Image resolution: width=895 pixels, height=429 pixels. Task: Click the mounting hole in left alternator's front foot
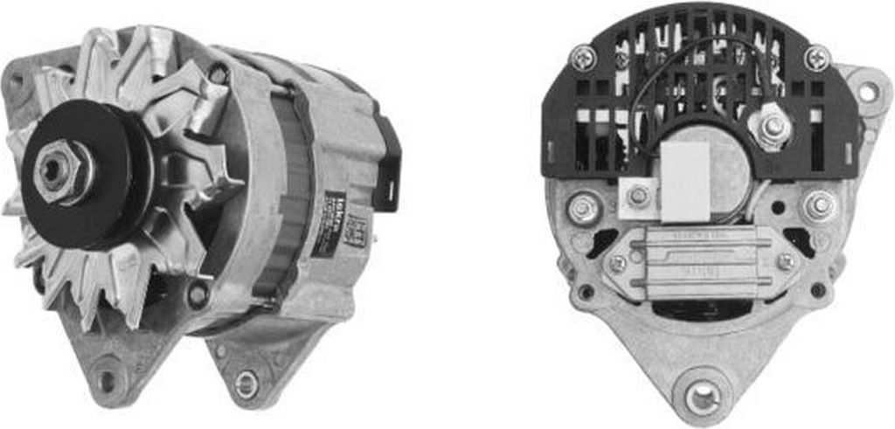coord(108,381)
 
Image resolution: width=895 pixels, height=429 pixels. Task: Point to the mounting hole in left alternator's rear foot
coord(247,383)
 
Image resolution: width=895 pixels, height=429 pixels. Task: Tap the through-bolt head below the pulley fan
coord(198,295)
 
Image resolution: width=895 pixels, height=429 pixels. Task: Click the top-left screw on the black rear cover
coord(582,59)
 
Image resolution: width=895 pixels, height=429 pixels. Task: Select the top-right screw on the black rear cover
coord(816,59)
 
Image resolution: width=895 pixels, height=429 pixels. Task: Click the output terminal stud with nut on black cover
coord(773,128)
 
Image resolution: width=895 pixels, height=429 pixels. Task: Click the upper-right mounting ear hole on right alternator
coord(867,91)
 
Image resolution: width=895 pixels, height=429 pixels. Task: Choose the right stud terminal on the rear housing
coord(819,206)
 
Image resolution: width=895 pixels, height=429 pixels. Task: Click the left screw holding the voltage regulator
coord(617,262)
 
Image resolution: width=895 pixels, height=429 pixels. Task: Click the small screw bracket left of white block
coord(638,195)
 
